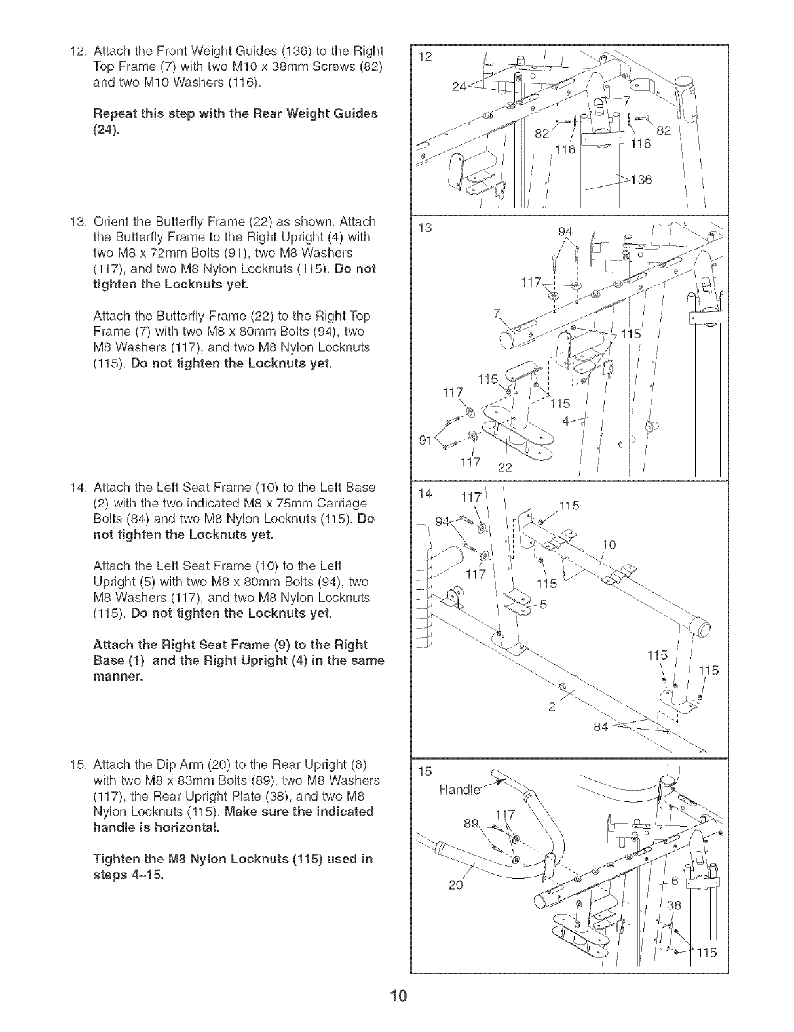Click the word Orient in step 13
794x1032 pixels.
[x=112, y=221]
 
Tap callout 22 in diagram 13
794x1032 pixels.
[x=506, y=467]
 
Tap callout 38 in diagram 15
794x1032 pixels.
[x=674, y=905]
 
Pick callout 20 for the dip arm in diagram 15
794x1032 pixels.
[x=456, y=886]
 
